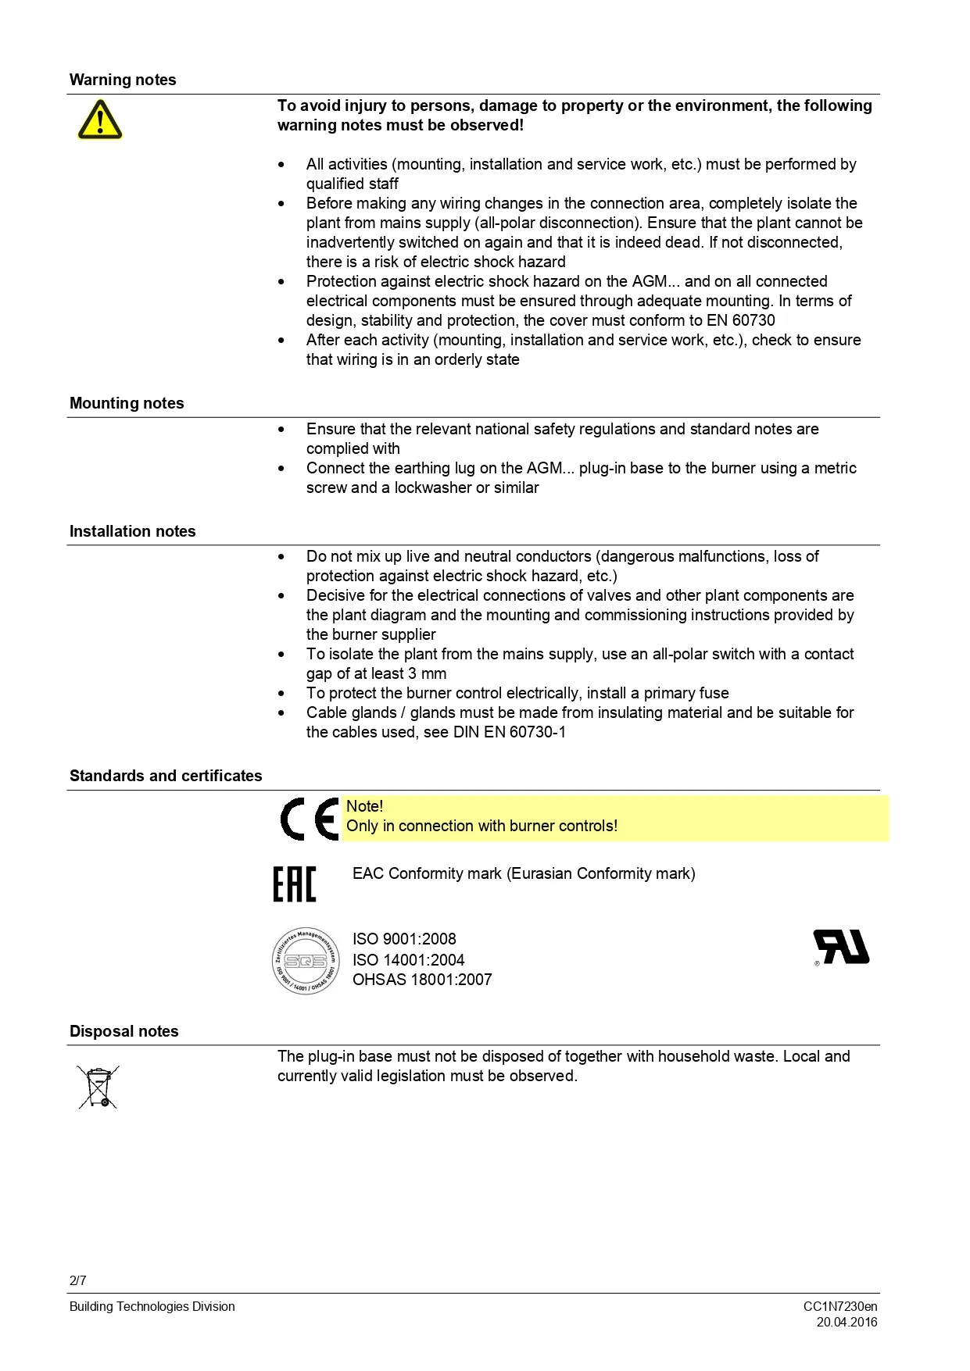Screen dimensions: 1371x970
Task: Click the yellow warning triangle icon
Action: pyautogui.click(x=100, y=120)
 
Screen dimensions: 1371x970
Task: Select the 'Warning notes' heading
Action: pyautogui.click(x=123, y=80)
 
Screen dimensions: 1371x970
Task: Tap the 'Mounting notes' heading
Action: pyautogui.click(x=127, y=403)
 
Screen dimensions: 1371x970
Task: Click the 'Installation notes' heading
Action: pyautogui.click(x=132, y=531)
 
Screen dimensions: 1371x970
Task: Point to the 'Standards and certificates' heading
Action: pyautogui.click(x=166, y=776)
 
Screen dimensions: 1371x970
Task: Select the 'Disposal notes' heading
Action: pyautogui.click(x=123, y=1031)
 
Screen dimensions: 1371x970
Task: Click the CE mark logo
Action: pyautogui.click(x=310, y=819)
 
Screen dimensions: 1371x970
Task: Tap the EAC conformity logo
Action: pyautogui.click(x=295, y=884)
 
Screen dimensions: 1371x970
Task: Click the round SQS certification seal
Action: pyautogui.click(x=306, y=961)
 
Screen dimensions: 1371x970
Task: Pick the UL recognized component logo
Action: pyautogui.click(x=842, y=947)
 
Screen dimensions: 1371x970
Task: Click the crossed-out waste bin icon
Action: pyautogui.click(x=98, y=1087)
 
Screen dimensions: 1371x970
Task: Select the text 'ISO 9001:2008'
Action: pyautogui.click(x=404, y=939)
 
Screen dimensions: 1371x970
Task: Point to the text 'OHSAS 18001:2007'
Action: pyautogui.click(x=422, y=980)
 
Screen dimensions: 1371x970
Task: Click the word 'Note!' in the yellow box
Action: pyautogui.click(x=364, y=806)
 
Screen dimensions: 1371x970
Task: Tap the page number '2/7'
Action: pyautogui.click(x=78, y=1280)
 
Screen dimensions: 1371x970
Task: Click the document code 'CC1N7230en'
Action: pyautogui.click(x=840, y=1306)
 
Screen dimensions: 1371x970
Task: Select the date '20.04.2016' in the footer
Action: pyautogui.click(x=847, y=1322)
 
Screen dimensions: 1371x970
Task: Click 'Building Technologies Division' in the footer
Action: pyautogui.click(x=152, y=1306)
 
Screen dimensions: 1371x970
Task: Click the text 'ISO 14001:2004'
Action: pyautogui.click(x=408, y=960)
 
